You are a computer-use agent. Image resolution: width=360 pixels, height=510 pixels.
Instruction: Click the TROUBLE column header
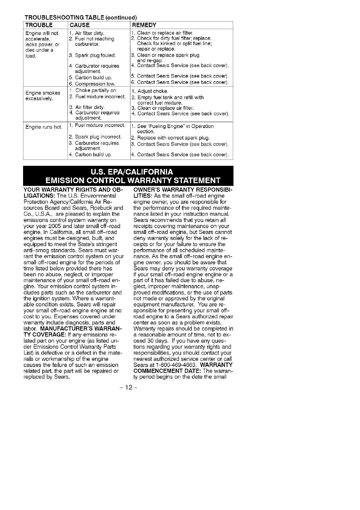(x=39, y=25)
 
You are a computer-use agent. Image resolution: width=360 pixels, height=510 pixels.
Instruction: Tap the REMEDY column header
(x=144, y=25)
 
